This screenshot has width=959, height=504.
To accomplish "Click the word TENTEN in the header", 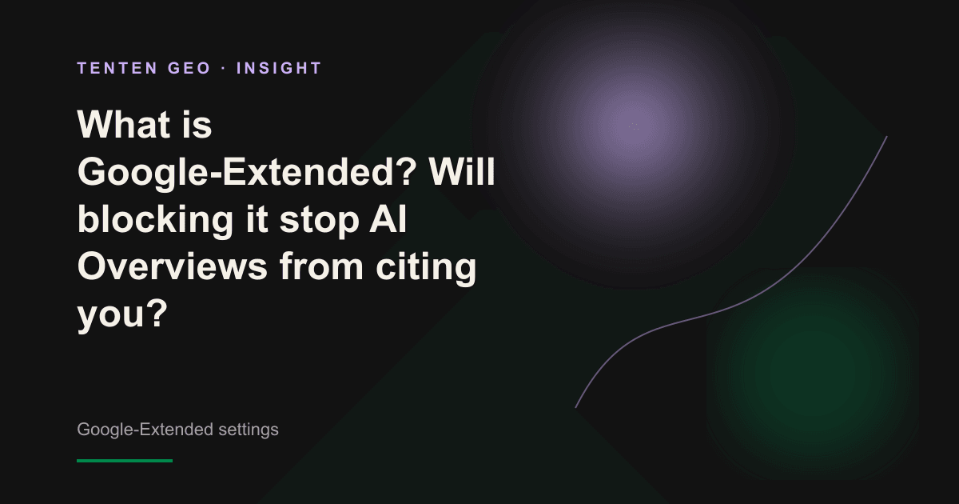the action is [x=117, y=68].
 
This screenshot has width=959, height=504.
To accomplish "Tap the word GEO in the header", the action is [x=189, y=68].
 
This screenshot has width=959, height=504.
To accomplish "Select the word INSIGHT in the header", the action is [x=278, y=68].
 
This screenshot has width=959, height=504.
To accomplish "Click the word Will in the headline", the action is [x=462, y=171].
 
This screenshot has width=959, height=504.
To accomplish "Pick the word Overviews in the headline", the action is [x=173, y=266].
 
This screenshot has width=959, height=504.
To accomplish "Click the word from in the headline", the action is [x=321, y=266].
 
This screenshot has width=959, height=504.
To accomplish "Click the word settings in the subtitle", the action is [x=249, y=430].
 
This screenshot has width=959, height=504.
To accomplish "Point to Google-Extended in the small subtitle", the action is [x=145, y=430].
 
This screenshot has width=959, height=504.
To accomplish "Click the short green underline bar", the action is [x=125, y=461].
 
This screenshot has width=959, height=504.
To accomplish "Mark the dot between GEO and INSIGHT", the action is [x=224, y=69].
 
